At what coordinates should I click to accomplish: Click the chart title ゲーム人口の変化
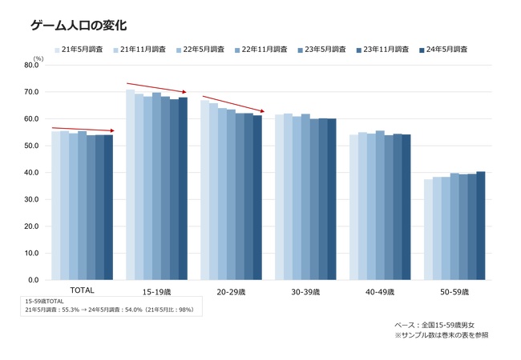click(x=79, y=25)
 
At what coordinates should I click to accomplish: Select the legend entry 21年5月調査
click(x=79, y=50)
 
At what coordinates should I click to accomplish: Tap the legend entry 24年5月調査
click(x=443, y=50)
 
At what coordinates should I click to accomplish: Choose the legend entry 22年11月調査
click(x=260, y=50)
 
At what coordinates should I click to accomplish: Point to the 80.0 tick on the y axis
click(x=31, y=65)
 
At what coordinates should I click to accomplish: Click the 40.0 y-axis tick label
click(x=31, y=172)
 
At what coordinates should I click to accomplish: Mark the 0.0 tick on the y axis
click(x=34, y=280)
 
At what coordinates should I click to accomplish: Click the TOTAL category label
click(x=82, y=290)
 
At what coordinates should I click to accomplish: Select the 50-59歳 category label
click(x=454, y=292)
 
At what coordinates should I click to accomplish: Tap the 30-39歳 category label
click(x=305, y=292)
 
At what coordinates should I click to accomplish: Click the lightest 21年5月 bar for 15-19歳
click(x=130, y=185)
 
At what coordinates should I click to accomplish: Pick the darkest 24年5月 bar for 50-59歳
click(x=481, y=226)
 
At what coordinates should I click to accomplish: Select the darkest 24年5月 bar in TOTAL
click(x=109, y=207)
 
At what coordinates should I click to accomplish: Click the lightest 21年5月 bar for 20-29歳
click(x=204, y=190)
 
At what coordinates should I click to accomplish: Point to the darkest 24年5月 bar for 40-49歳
click(x=406, y=207)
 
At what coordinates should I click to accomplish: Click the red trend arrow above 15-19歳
click(x=156, y=87)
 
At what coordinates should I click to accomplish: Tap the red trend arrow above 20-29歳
click(x=233, y=104)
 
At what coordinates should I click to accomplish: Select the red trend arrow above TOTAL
click(x=83, y=130)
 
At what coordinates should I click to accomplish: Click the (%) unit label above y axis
click(x=38, y=58)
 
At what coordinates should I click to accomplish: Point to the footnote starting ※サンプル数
click(x=442, y=335)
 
